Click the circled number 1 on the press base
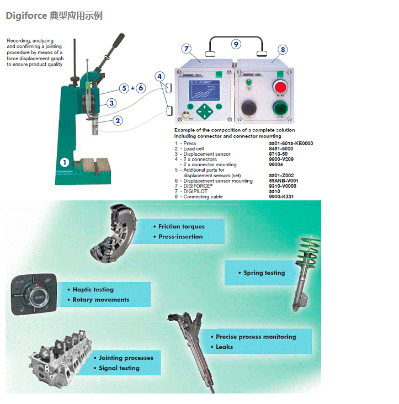(65, 162)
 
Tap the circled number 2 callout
(117, 120)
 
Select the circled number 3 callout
(111, 103)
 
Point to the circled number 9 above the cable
(236, 44)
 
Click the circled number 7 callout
(186, 49)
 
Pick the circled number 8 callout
(283, 50)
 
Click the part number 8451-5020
(281, 148)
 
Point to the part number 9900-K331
(281, 196)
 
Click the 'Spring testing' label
(264, 273)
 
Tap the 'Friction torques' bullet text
(181, 226)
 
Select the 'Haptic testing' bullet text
(93, 289)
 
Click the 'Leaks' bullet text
(225, 347)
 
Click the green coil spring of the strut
(309, 254)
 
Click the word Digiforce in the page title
(25, 15)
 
